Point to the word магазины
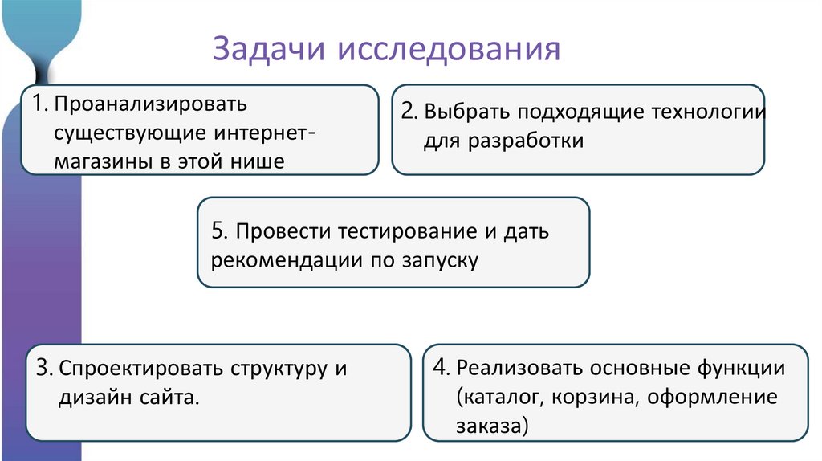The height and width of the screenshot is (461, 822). pyautogui.click(x=101, y=161)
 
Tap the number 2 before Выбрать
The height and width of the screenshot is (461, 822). pyautogui.click(x=409, y=112)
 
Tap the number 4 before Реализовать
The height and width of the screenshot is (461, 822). pyautogui.click(x=441, y=368)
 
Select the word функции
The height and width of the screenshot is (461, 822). pyautogui.click(x=739, y=369)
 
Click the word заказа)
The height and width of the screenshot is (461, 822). pyautogui.click(x=491, y=426)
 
